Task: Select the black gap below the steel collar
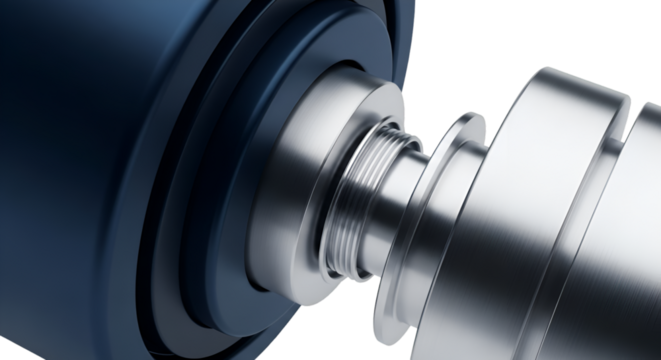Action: (x=340, y=320)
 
